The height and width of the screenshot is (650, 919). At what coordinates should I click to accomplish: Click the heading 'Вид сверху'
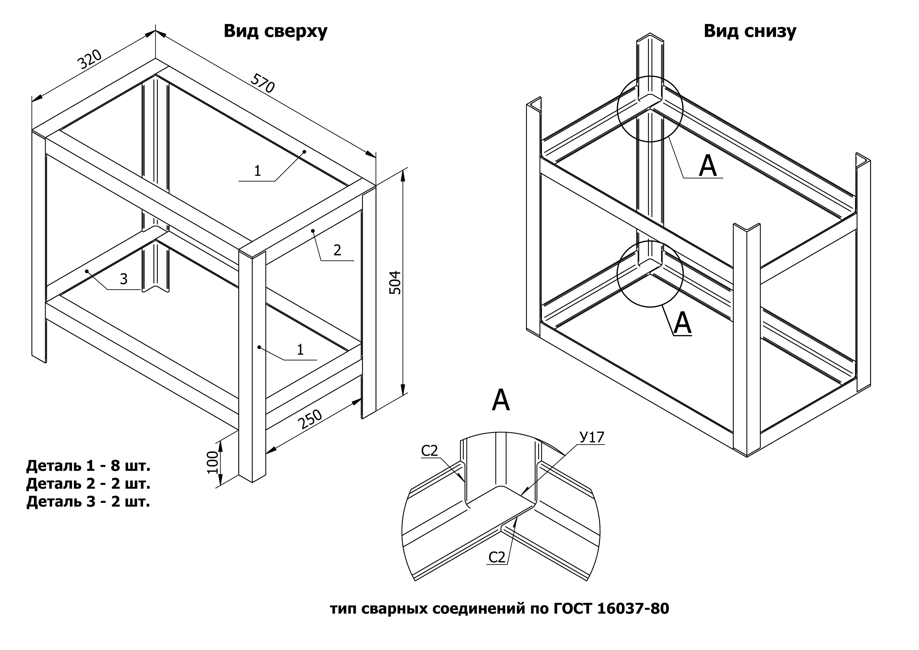pyautogui.click(x=275, y=31)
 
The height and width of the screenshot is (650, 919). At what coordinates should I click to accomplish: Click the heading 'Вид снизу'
pyautogui.click(x=750, y=31)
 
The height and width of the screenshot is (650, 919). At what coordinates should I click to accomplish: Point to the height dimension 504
pyautogui.click(x=395, y=282)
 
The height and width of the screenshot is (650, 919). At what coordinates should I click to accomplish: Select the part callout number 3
pyautogui.click(x=124, y=279)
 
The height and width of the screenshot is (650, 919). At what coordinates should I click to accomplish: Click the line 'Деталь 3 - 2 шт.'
pyautogui.click(x=88, y=502)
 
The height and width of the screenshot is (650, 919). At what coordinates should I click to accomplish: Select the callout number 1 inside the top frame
pyautogui.click(x=257, y=171)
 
